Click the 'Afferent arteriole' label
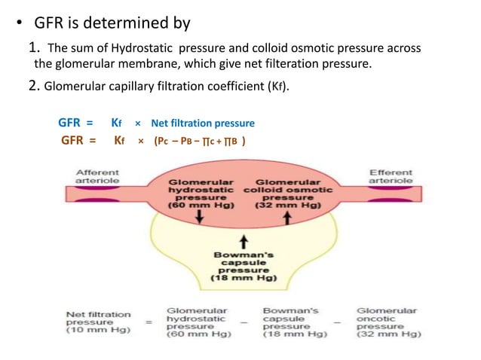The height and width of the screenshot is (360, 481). click(96, 177)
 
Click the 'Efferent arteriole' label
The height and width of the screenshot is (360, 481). click(390, 177)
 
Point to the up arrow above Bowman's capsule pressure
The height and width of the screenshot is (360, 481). click(243, 241)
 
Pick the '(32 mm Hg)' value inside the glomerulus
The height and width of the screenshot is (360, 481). click(286, 204)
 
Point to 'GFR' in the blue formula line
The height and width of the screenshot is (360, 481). click(72, 123)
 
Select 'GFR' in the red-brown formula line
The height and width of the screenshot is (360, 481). click(75, 141)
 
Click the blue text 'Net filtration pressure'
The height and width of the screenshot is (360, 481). click(202, 123)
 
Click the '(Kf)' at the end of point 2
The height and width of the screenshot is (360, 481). click(277, 84)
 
